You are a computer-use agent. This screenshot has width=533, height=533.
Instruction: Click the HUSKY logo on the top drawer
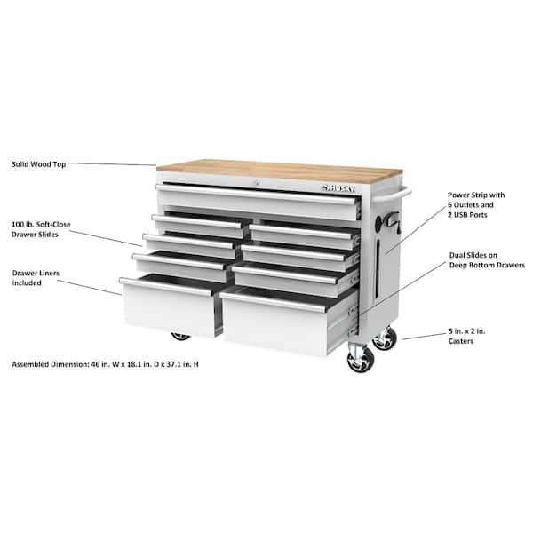tap(338, 187)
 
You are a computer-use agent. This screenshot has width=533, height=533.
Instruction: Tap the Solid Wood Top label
tap(36, 163)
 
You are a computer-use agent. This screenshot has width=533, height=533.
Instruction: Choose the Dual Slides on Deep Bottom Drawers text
tap(486, 259)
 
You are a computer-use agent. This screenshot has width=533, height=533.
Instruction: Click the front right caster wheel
tap(361, 360)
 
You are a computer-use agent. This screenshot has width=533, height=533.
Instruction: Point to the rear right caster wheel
tap(385, 338)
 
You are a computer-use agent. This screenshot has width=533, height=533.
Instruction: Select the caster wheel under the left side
tap(181, 337)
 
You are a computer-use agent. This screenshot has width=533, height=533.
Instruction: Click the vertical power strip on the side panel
tap(385, 253)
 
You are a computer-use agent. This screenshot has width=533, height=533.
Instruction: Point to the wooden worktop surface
tap(266, 169)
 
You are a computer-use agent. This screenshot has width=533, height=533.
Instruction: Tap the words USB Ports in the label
tap(481, 216)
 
